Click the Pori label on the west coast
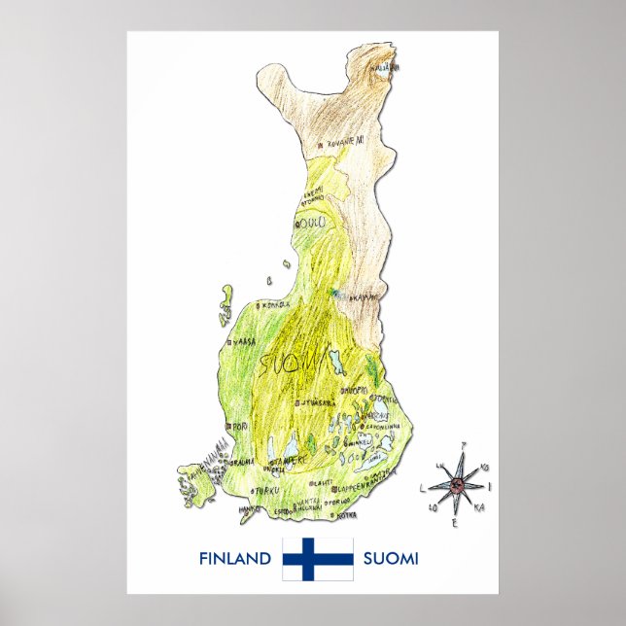coord(238,427)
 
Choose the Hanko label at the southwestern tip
coord(249,507)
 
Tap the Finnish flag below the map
coord(317,559)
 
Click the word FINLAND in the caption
coord(234,559)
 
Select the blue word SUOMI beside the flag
coord(391,559)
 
